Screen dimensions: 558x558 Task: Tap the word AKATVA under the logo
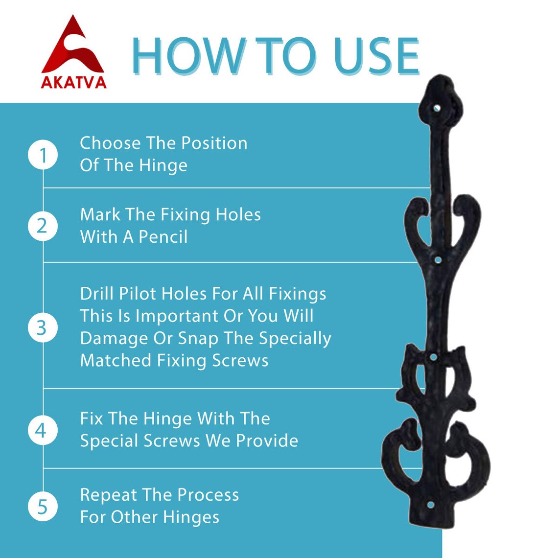pyautogui.click(x=73, y=83)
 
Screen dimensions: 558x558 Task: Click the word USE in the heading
pyautogui.click(x=376, y=56)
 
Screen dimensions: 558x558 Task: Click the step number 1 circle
pyautogui.click(x=43, y=155)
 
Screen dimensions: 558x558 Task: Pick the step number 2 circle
pyautogui.click(x=43, y=226)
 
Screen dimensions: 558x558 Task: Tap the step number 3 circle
pyautogui.click(x=43, y=328)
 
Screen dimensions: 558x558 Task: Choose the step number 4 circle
pyautogui.click(x=43, y=431)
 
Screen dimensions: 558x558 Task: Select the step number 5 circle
pyautogui.click(x=43, y=507)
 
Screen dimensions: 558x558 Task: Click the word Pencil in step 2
pyautogui.click(x=163, y=236)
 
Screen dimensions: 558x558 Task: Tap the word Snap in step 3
pyautogui.click(x=198, y=339)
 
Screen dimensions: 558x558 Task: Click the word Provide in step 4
pyautogui.click(x=267, y=441)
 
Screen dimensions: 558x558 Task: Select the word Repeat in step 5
pyautogui.click(x=108, y=495)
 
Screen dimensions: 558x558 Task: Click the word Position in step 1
pyautogui.click(x=214, y=143)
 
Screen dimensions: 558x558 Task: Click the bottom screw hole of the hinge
pyautogui.click(x=430, y=505)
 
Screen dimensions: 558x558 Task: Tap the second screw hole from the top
pyautogui.click(x=438, y=260)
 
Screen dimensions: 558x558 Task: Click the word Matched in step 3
pyautogui.click(x=116, y=360)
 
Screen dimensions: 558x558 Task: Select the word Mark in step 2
pyautogui.click(x=100, y=214)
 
